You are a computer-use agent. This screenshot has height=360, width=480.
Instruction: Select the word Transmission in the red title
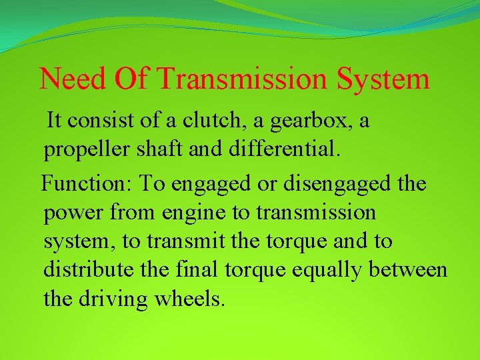[244, 79]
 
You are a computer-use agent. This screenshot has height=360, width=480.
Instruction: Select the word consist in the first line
[108, 121]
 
